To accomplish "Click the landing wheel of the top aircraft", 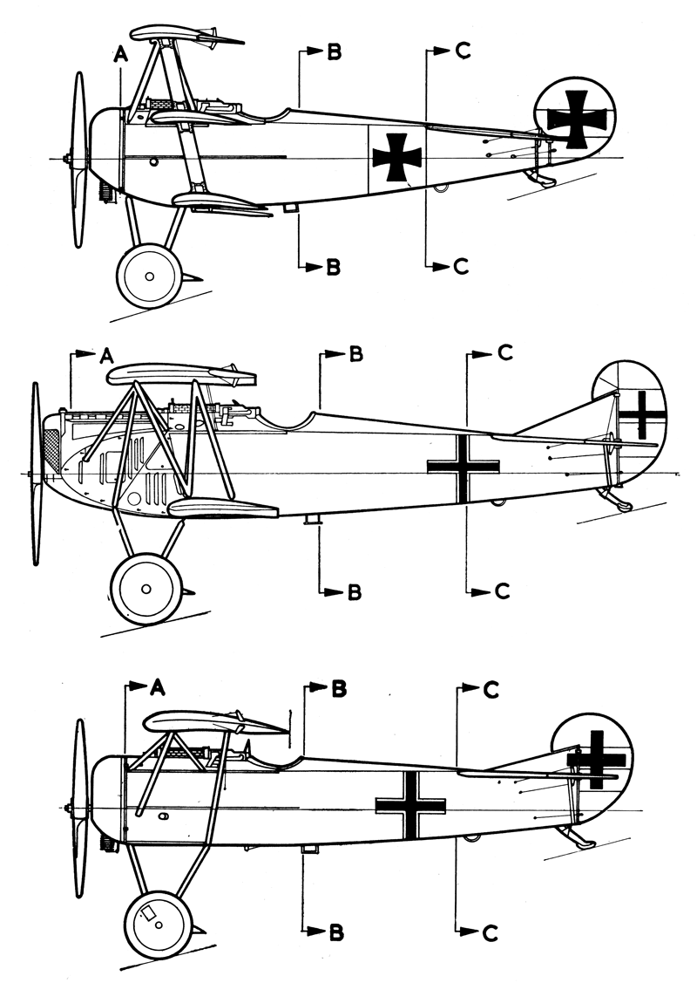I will tap(148, 276).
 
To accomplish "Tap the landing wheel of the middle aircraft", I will tap(147, 588).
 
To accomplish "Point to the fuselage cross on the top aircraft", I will tap(397, 157).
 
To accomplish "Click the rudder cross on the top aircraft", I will tap(577, 119).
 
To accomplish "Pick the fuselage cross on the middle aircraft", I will tap(464, 467).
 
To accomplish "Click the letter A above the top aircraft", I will tap(120, 55).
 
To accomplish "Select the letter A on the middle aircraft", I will tap(106, 355).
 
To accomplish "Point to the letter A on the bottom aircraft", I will tap(157, 687).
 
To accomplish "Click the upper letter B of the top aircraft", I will tap(333, 53).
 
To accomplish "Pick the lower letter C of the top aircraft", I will tap(462, 266).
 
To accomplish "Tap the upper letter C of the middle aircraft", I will tap(504, 352).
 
